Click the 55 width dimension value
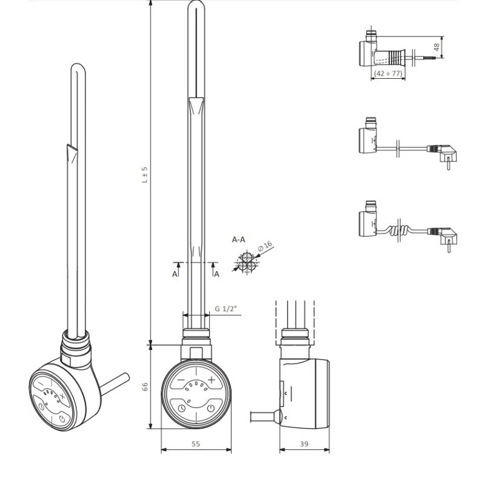(x=195, y=444)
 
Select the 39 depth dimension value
(x=304, y=444)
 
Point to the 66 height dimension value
(x=145, y=386)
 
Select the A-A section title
(x=239, y=239)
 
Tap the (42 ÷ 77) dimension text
(x=388, y=73)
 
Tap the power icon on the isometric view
(x=64, y=418)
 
